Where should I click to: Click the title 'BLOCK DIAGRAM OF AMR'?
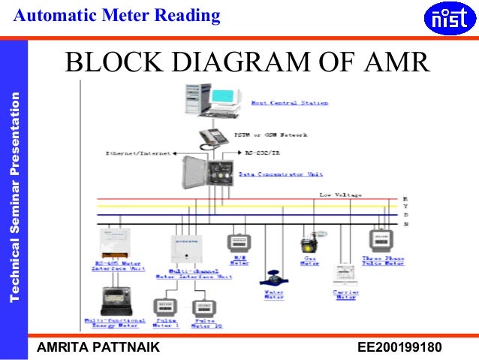click(x=247, y=63)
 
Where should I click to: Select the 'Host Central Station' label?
click(x=290, y=103)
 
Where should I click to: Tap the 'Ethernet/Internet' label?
click(x=132, y=153)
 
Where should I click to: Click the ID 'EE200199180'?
click(x=399, y=347)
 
